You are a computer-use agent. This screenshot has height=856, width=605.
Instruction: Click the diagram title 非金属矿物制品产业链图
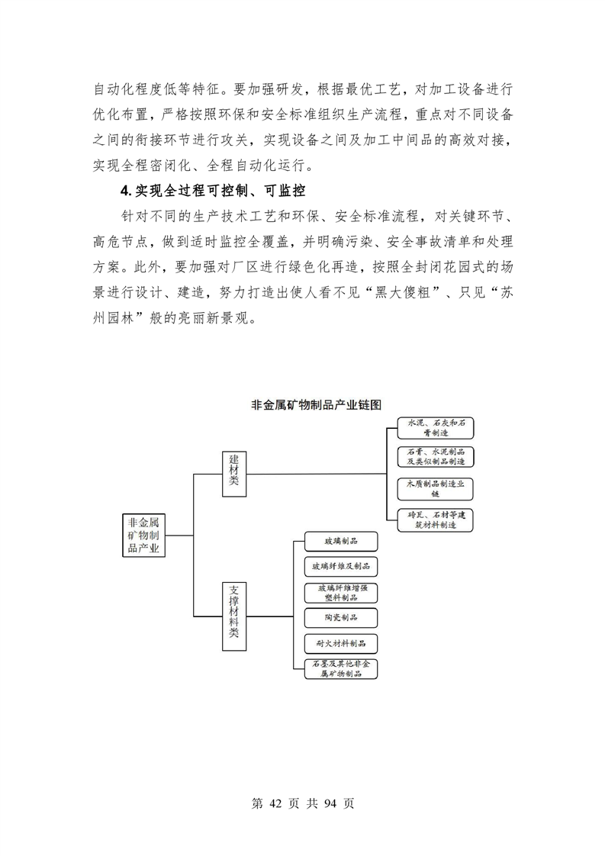pyautogui.click(x=315, y=404)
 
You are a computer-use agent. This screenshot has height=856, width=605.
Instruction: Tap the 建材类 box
pyautogui.click(x=234, y=472)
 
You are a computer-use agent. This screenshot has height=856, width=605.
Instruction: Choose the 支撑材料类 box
pyautogui.click(x=234, y=616)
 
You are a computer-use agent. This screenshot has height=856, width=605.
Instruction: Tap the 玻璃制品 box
pyautogui.click(x=340, y=542)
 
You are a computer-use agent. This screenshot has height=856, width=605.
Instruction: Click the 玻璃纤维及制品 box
pyautogui.click(x=340, y=567)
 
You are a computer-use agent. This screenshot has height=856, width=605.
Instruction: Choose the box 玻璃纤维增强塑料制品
pyautogui.click(x=340, y=593)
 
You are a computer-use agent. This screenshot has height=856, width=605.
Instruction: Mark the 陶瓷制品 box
pyautogui.click(x=340, y=617)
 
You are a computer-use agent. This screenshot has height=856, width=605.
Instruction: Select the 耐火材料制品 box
pyautogui.click(x=340, y=643)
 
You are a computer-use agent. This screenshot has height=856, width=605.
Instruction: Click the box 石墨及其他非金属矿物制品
pyautogui.click(x=340, y=669)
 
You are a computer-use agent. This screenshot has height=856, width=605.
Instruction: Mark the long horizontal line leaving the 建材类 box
pyautogui.click(x=320, y=473)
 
